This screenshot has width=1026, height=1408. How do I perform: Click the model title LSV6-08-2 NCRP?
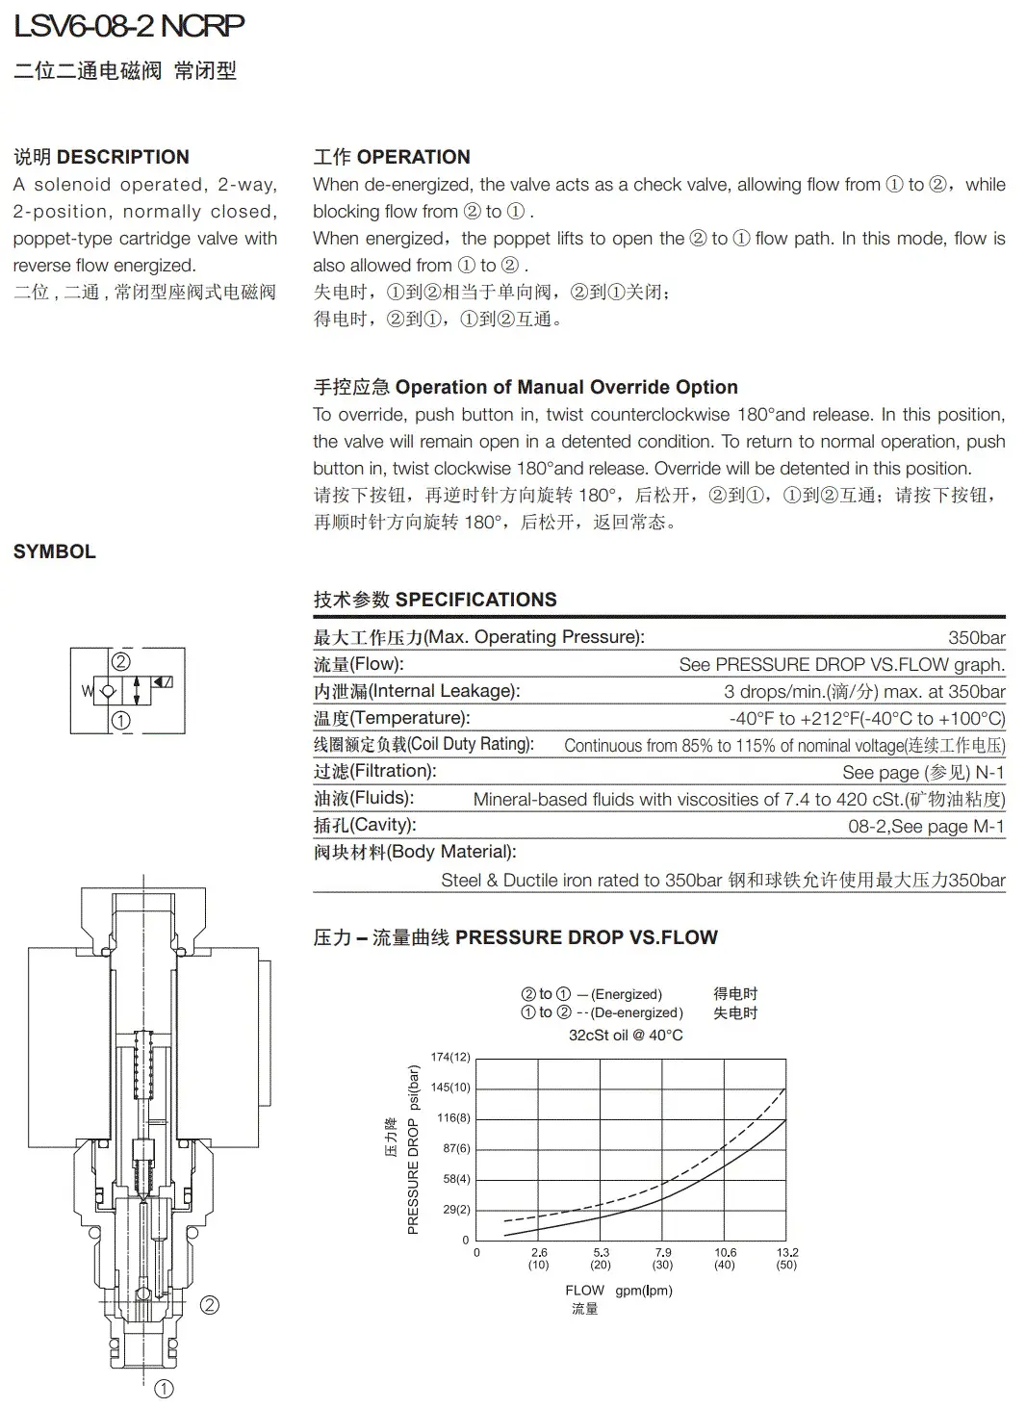click(129, 26)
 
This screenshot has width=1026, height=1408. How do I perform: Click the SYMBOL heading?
click(55, 551)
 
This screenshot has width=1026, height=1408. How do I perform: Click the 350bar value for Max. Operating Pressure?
click(976, 637)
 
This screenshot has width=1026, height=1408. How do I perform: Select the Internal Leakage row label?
click(417, 691)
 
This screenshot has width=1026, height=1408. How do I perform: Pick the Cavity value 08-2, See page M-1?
click(926, 826)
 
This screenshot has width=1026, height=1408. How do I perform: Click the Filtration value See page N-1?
click(923, 772)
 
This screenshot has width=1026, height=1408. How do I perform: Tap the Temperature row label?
click(392, 718)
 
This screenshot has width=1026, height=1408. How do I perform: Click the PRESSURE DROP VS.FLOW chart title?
click(515, 937)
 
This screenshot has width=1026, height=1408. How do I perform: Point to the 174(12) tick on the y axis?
click(450, 1057)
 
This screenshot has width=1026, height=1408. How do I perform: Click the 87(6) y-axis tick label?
click(456, 1148)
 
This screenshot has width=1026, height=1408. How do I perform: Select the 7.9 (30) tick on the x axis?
click(663, 1258)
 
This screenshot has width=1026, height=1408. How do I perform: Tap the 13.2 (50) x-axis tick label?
click(787, 1258)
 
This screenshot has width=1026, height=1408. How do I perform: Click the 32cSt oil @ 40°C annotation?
click(626, 1035)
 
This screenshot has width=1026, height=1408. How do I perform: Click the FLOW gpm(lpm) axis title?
click(618, 1290)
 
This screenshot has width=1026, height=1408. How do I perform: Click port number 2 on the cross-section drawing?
click(209, 1305)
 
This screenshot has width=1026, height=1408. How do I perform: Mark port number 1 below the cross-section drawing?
click(165, 1389)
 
